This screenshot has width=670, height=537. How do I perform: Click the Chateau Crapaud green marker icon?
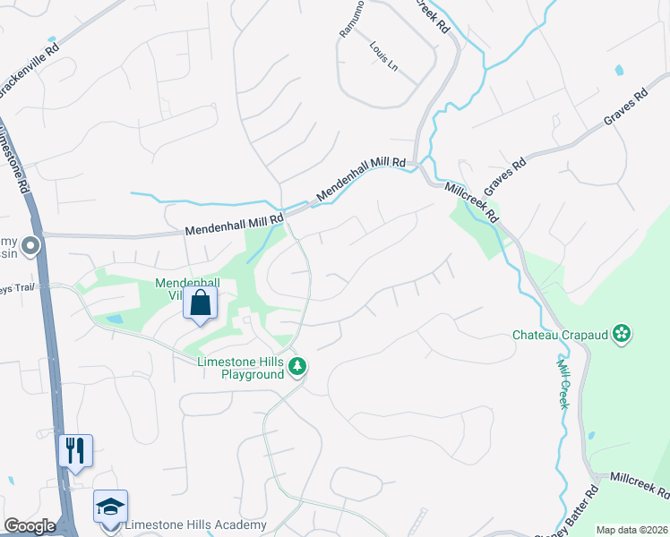(623, 335)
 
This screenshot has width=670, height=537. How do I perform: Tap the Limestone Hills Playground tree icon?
(298, 366)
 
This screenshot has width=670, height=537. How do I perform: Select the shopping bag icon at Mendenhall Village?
(201, 303)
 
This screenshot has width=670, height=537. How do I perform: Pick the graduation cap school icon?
(111, 506)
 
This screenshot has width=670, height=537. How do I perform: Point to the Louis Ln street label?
(382, 55)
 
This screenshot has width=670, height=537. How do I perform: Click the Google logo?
(30, 526)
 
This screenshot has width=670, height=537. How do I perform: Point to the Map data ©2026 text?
(631, 530)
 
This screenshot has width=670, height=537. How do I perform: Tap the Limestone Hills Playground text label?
(241, 367)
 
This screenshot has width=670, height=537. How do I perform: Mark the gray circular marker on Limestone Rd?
(30, 245)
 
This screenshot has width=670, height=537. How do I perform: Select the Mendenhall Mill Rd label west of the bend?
(235, 224)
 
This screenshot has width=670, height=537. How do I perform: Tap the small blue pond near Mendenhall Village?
(114, 319)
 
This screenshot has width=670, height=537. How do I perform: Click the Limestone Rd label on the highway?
(13, 161)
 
